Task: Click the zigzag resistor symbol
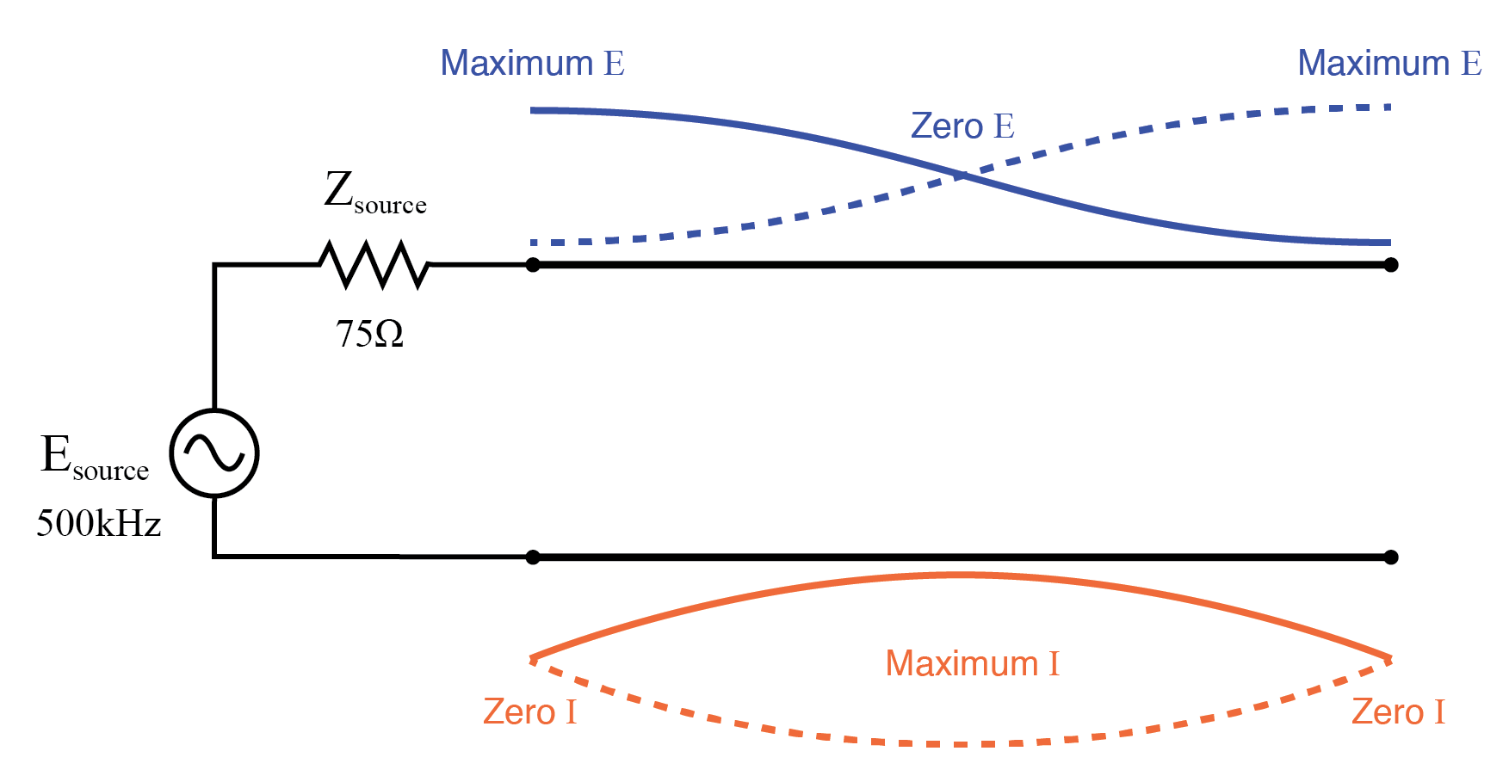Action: pyautogui.click(x=374, y=264)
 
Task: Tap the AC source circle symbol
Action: pyautogui.click(x=214, y=453)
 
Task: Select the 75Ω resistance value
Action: pyautogui.click(x=369, y=334)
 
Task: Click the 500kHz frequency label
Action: pyautogui.click(x=98, y=523)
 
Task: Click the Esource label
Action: pyautogui.click(x=94, y=457)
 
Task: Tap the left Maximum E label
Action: pyautogui.click(x=532, y=64)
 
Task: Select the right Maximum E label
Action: pyautogui.click(x=1388, y=64)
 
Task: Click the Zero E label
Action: pyautogui.click(x=962, y=126)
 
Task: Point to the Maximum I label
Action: pyautogui.click(x=972, y=664)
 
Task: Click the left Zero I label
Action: pyautogui.click(x=529, y=712)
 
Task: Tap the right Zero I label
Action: pyautogui.click(x=1397, y=712)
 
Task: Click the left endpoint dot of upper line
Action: pyautogui.click(x=533, y=265)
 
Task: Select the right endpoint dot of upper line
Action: pyautogui.click(x=1390, y=265)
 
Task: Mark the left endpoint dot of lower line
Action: pyautogui.click(x=533, y=557)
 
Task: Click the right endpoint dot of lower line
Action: pyautogui.click(x=1390, y=557)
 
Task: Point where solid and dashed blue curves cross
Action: pyautogui.click(x=960, y=175)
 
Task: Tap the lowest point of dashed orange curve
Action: pyautogui.click(x=960, y=744)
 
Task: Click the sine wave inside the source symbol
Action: pyautogui.click(x=214, y=453)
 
